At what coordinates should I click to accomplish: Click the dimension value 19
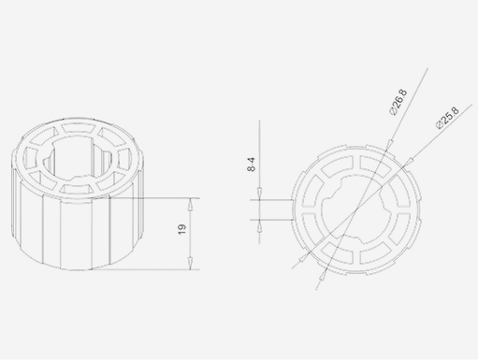coord(181,229)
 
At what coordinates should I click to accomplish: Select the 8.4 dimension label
coord(251,165)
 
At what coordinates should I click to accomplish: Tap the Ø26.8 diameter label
coord(398,102)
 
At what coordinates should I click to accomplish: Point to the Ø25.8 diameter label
coord(447,118)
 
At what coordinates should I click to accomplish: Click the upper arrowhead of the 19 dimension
coord(190,204)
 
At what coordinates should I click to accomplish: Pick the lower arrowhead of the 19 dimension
coord(190,264)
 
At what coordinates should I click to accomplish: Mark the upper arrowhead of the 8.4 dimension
coord(259,194)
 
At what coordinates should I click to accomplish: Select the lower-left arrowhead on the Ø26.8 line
coord(323,274)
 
